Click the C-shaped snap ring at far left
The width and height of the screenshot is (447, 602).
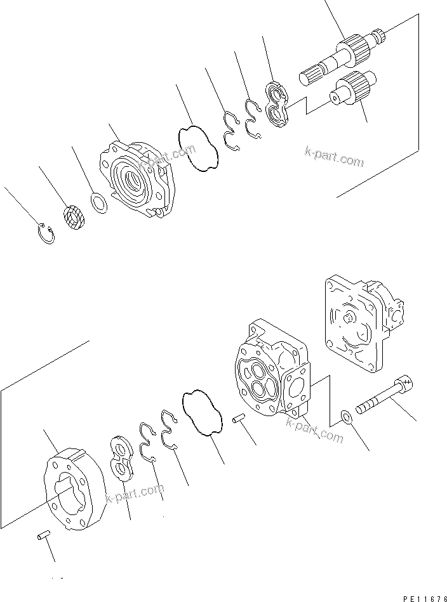pos(45,233)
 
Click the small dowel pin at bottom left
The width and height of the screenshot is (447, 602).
pos(42,537)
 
